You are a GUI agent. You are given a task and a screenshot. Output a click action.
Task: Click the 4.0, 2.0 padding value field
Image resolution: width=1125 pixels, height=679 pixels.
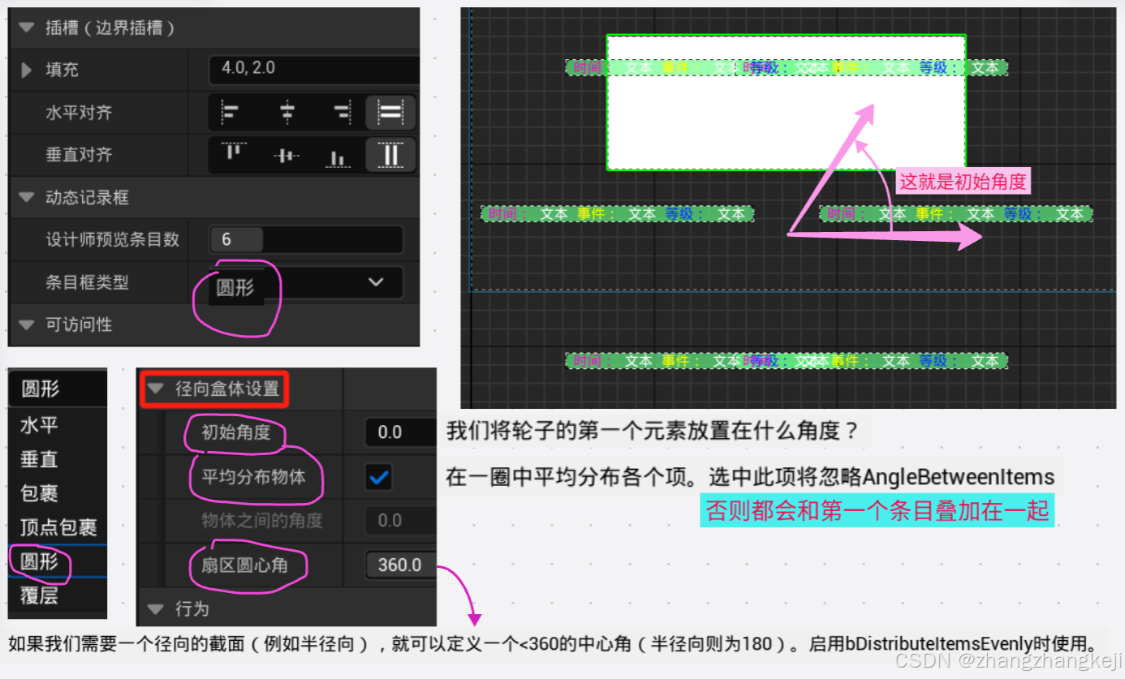pos(312,69)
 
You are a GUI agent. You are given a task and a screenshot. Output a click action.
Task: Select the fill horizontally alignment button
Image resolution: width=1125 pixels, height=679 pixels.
pos(390,113)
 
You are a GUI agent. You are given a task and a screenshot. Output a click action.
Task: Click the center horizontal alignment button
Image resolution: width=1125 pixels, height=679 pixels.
pos(287,113)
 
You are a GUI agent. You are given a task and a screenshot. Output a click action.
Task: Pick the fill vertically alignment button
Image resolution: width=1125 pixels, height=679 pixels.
pos(390,155)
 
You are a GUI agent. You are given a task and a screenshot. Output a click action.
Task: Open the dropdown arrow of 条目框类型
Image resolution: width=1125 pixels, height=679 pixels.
pos(376,282)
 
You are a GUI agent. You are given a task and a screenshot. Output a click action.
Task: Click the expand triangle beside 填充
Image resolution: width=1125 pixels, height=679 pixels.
pos(27,70)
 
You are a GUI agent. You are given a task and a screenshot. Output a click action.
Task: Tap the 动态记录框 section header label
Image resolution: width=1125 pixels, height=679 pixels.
pos(87,197)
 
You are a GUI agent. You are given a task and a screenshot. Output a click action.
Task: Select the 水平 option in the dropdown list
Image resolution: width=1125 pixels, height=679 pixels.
pos(39,425)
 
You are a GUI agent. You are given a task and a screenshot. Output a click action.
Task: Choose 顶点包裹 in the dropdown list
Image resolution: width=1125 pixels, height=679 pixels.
pos(58,527)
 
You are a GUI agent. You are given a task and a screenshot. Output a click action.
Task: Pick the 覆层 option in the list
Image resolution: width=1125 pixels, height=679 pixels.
pos(39,595)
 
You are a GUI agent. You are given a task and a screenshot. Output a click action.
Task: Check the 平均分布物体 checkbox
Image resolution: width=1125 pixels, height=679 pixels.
pos(378,477)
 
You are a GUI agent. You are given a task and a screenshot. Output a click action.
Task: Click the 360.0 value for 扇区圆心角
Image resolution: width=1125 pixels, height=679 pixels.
pos(399,565)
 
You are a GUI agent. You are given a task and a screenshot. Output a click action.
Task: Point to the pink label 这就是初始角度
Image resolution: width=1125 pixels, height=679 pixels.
pos(963,181)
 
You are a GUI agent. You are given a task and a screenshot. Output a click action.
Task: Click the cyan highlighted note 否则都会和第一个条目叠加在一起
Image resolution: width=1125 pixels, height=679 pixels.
pos(877,511)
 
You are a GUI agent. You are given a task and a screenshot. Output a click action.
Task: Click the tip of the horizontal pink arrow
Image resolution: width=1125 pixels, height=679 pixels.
pos(980,237)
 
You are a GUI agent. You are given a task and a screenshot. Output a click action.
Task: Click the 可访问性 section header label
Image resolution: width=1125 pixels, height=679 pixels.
pos(79,324)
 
